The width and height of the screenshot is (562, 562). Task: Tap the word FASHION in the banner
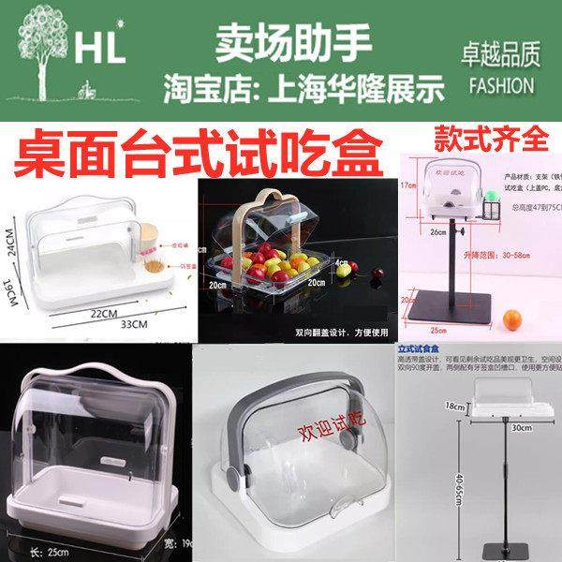[497, 84]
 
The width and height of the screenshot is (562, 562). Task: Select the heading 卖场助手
[294, 40]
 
